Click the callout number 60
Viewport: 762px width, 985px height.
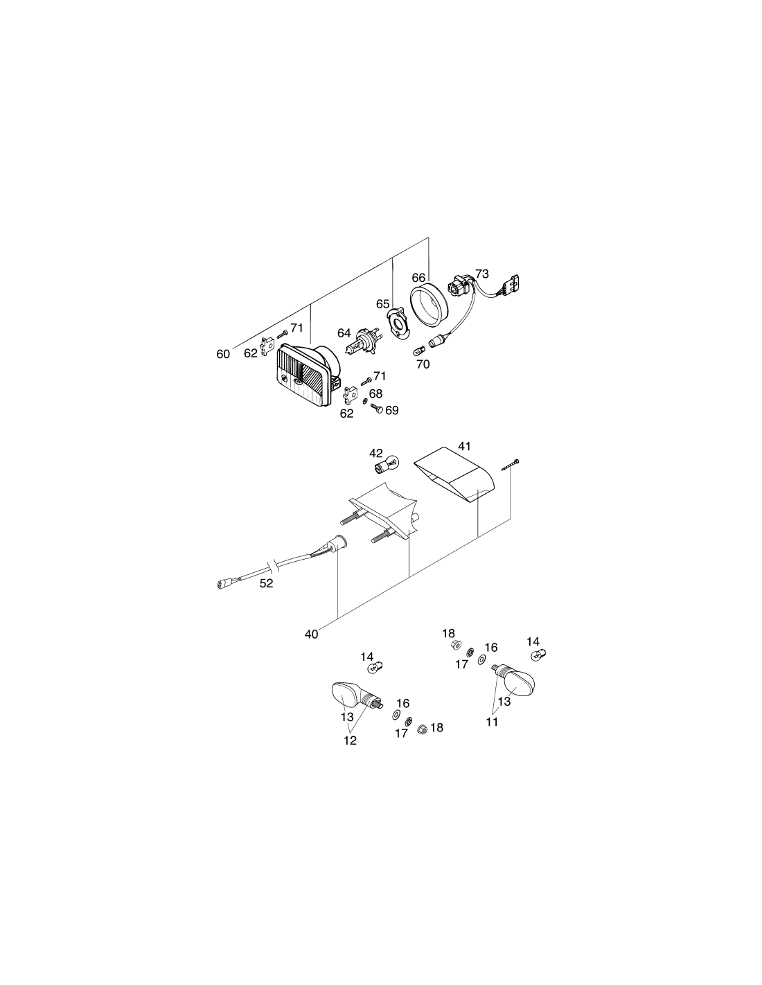[223, 354]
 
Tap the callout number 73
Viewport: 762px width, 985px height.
[482, 274]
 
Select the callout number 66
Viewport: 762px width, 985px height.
[418, 277]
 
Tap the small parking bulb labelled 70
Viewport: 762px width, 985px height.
[419, 351]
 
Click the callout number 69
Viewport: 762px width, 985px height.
[391, 410]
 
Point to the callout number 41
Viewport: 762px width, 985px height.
[464, 446]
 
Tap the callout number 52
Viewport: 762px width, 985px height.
[266, 583]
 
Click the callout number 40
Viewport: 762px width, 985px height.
[312, 634]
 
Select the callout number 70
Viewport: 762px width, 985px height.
[423, 364]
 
